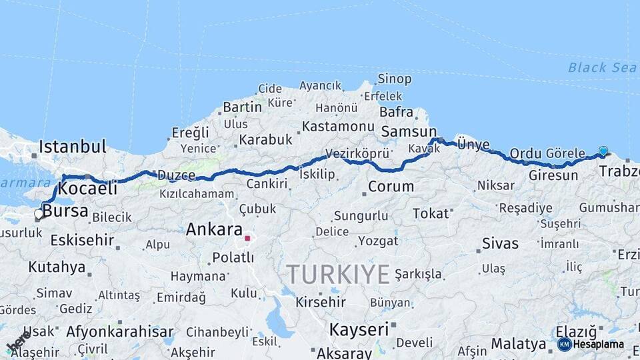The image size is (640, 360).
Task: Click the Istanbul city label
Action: pos(73,146)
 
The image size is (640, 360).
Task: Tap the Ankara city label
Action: pos(213,230)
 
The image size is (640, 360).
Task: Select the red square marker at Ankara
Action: pos(247,237)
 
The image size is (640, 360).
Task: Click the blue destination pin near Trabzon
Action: pos(603,151)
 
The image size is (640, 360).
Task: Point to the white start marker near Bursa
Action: pos(39,214)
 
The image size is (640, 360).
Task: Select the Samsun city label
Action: pos(409,132)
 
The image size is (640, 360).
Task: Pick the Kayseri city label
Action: pos(359,329)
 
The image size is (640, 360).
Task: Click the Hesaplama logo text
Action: pos(598,344)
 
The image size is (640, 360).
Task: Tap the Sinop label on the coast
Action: pos(394,79)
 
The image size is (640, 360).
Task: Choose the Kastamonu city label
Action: pos(338,126)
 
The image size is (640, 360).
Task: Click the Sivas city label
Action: pos(500,243)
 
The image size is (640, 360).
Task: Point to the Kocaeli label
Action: pos(88,188)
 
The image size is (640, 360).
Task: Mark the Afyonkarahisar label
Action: pos(120,331)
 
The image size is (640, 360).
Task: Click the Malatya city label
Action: pos(519,344)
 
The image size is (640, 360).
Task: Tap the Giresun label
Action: pos(553,176)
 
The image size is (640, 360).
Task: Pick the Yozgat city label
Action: pos(378,241)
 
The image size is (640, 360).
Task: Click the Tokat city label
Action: pos(431,213)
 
